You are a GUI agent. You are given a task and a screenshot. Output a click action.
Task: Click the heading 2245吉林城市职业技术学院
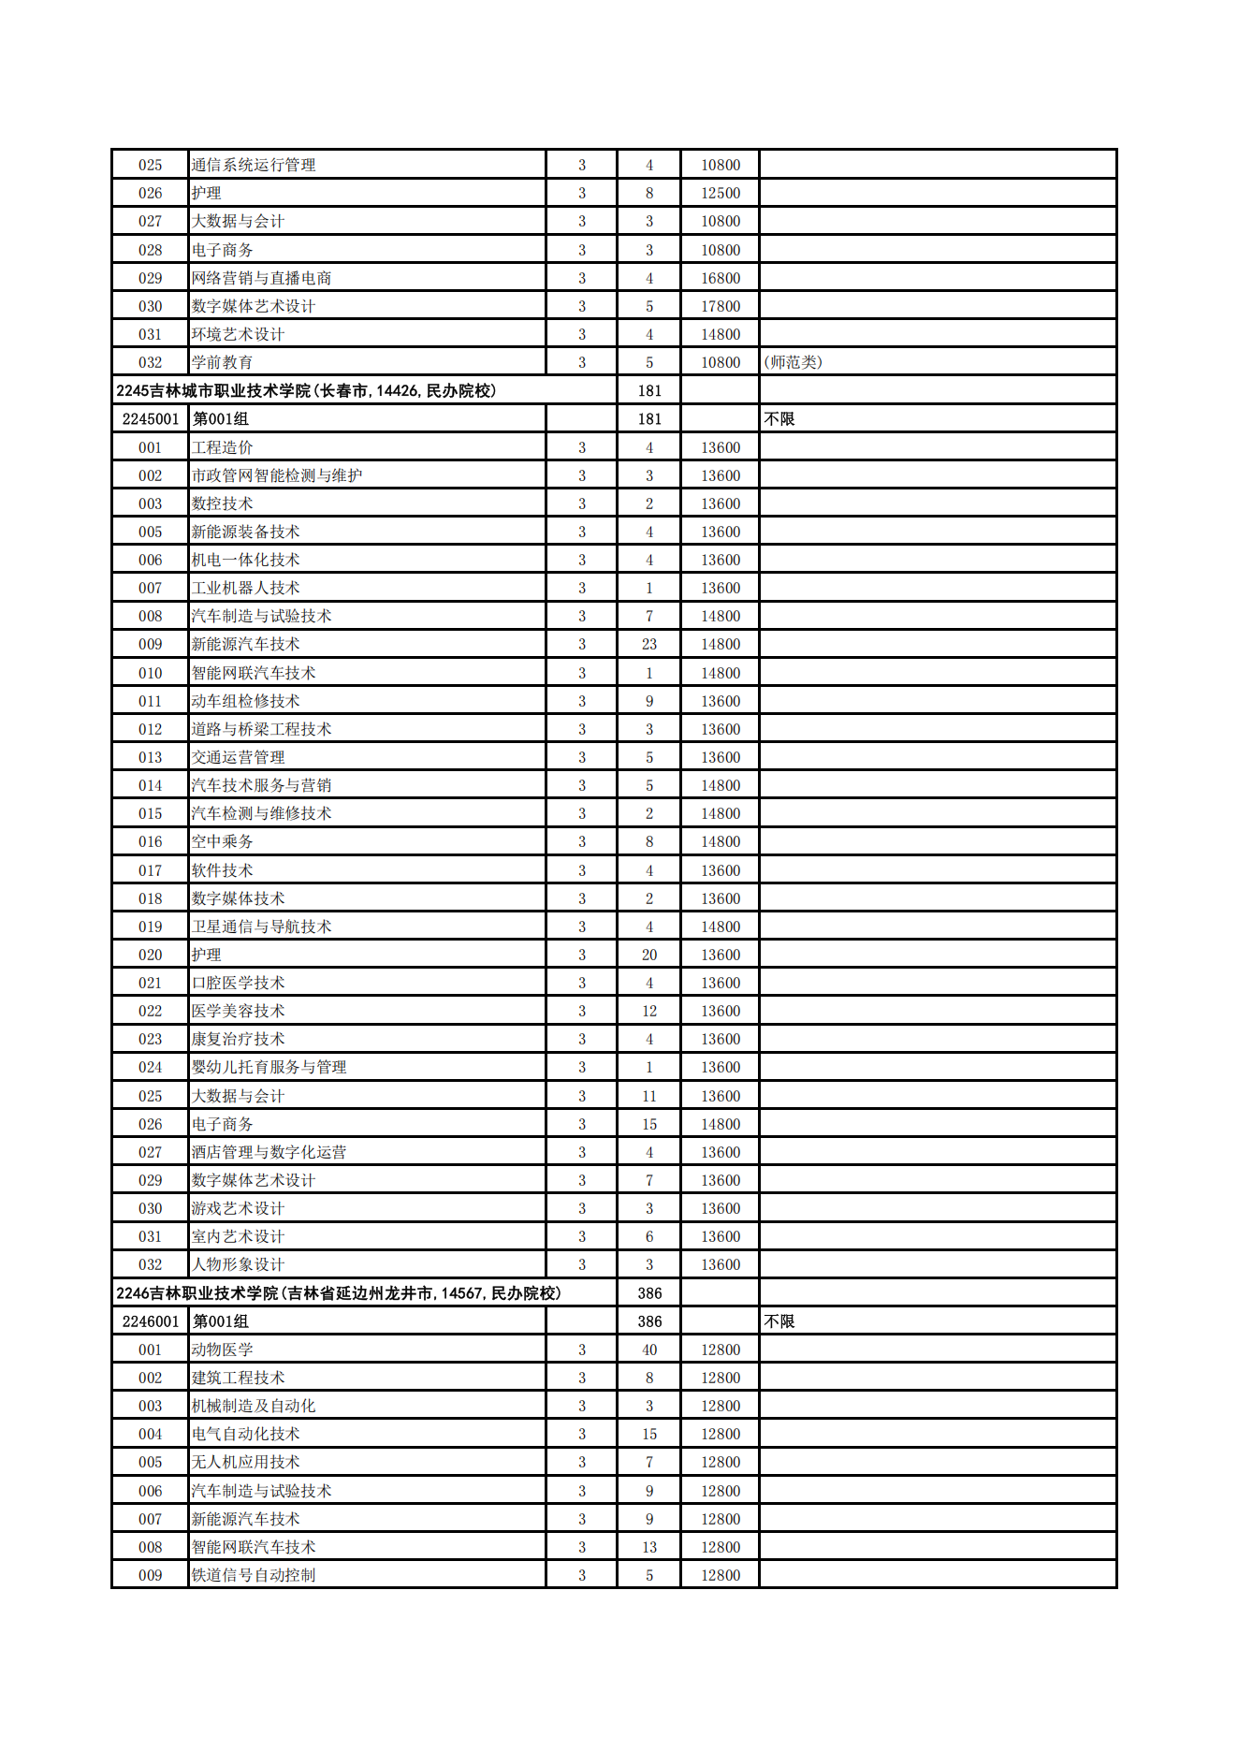pos(306,391)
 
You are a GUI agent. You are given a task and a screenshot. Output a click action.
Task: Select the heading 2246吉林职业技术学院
pos(338,1293)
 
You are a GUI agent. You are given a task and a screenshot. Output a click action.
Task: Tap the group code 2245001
pos(150,419)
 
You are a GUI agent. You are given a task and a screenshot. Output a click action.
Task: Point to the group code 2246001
pos(150,1321)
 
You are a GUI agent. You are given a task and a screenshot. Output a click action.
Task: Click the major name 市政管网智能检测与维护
pos(277,475)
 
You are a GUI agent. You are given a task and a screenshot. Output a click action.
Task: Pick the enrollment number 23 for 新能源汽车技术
pos(649,645)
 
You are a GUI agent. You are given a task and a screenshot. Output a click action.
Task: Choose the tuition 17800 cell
pos(721,306)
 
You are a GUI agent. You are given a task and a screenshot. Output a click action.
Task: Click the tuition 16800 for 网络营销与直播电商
pos(721,278)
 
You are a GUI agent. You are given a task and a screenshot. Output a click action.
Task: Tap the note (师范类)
pos(794,362)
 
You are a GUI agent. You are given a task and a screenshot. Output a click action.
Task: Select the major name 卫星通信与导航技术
pos(261,927)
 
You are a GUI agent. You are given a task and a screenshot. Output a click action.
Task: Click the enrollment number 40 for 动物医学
pos(649,1350)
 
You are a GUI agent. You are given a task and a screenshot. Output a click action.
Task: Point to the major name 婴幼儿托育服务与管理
pos(269,1067)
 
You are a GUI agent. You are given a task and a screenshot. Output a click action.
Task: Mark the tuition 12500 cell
pos(721,193)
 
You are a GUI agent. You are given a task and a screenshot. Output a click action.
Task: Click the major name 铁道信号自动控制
pos(254,1575)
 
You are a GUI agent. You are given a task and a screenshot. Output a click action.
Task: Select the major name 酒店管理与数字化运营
pos(269,1152)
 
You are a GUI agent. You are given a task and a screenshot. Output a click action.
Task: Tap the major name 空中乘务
pos(222,841)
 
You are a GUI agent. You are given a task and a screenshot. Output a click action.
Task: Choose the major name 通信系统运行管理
pos(254,165)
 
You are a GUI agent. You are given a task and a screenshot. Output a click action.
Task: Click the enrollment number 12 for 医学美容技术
pos(649,1011)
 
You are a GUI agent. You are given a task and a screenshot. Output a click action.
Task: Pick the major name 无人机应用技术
pos(245,1462)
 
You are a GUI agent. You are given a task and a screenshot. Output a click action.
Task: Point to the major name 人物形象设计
pos(238,1264)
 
